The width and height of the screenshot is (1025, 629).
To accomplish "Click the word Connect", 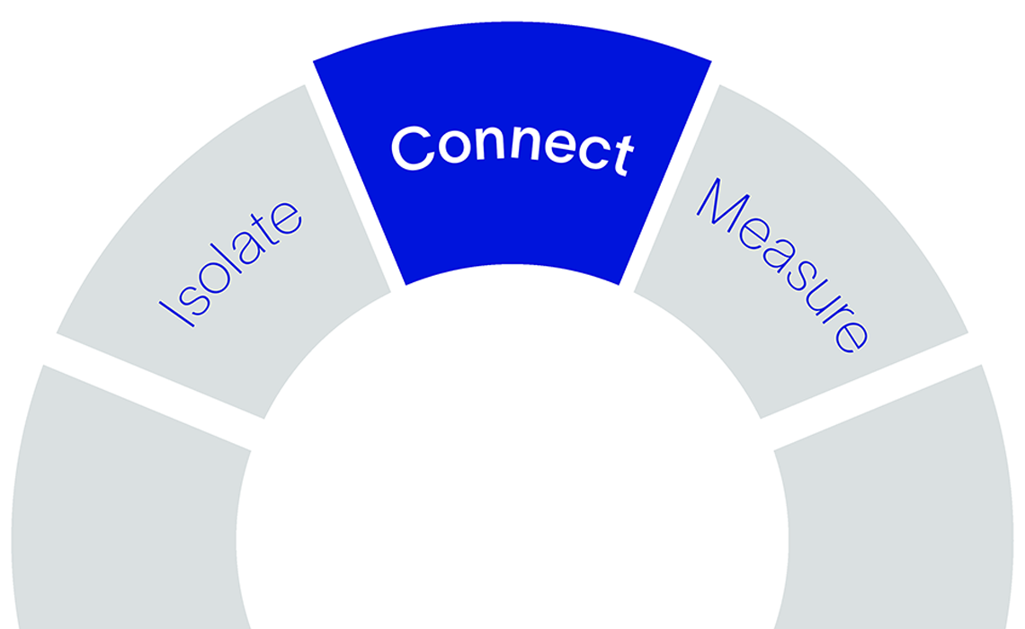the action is [x=512, y=148].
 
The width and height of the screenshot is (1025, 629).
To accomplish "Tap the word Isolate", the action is [x=231, y=262].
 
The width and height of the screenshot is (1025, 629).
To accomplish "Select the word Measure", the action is [x=782, y=265].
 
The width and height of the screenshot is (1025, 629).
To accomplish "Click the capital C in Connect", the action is [x=413, y=147].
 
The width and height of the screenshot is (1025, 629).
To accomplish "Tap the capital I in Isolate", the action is [x=176, y=314].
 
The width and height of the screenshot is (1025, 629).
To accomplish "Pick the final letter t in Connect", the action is [x=624, y=155].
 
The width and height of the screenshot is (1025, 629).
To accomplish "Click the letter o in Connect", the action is [x=455, y=146].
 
